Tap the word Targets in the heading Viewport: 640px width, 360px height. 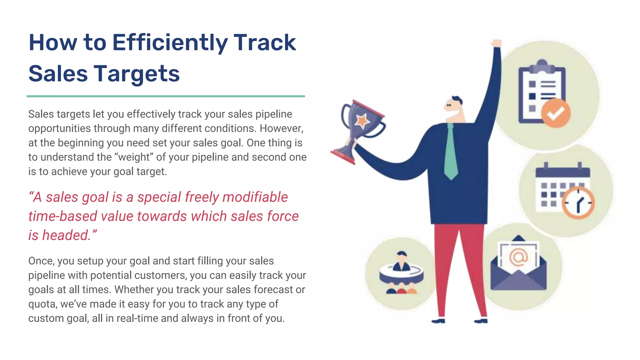tap(137, 74)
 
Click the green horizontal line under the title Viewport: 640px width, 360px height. tap(166, 96)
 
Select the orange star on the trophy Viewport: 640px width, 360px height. tap(362, 120)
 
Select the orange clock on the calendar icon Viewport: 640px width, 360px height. tap(578, 203)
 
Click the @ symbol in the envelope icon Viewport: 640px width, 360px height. tap(518, 257)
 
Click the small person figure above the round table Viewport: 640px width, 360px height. tap(402, 262)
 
